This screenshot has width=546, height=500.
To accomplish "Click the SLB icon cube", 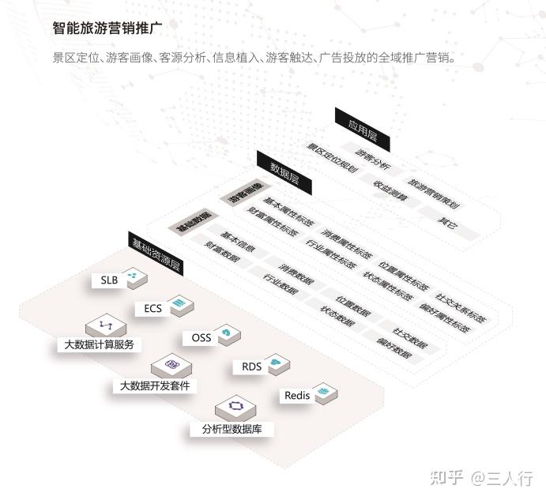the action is point(134,276).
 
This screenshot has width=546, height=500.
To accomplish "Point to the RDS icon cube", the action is point(277,364).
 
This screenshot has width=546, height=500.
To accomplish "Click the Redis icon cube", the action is point(326,393).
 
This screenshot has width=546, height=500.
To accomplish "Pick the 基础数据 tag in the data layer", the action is point(193,220).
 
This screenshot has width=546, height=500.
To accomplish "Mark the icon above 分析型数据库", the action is point(235,407).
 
